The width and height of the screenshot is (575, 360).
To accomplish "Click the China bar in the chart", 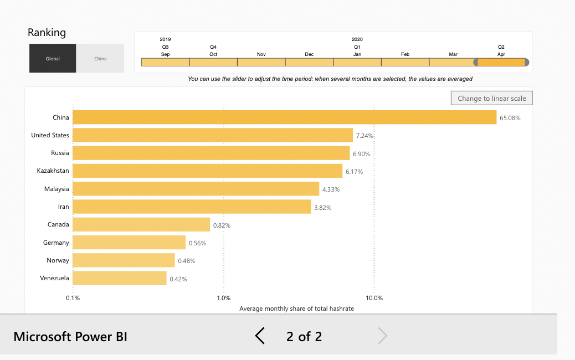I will coord(284,117).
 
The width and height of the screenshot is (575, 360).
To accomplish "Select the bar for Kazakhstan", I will coord(207,171).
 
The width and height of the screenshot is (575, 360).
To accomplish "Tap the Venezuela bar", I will coord(119,278).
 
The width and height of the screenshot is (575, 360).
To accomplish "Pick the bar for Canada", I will coord(141,224).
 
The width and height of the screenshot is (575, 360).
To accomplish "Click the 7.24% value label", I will coord(365,136).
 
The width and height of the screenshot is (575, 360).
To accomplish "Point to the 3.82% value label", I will coord(323,207).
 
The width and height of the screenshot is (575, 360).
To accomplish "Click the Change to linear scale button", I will coord(492,99).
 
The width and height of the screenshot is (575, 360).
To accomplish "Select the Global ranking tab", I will coord(53,58).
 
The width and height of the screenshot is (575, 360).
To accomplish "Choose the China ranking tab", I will coord(100,58).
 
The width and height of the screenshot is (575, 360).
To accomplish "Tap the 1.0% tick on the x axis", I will coord(224,298).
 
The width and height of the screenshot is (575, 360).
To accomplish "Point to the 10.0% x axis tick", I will coord(374,298).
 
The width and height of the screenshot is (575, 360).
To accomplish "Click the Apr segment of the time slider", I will coord(501,62).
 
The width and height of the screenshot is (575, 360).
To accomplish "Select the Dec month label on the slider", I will coord(309,54).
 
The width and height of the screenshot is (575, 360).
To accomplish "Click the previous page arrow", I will coord(260,336).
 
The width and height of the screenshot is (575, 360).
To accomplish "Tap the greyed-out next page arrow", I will coord(382,336).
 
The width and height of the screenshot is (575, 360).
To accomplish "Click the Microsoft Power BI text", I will coord(70,336).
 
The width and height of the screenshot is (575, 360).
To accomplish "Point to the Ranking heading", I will coord(47,33).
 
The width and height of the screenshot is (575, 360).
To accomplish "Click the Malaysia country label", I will coord(57,189).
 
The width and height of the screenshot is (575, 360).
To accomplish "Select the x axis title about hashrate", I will coord(296,308).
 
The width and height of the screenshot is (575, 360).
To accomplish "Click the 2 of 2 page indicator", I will coord(304,336).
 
